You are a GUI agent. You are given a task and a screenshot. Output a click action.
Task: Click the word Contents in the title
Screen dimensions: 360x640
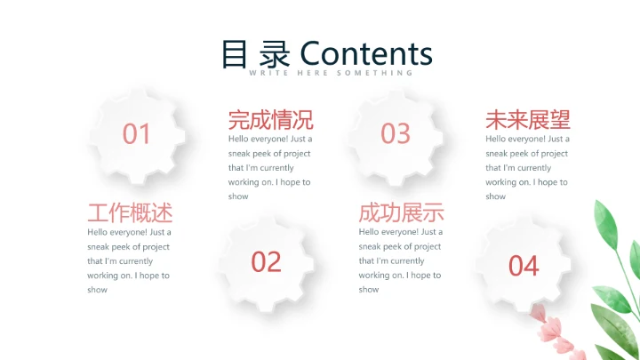pyautogui.click(x=366, y=53)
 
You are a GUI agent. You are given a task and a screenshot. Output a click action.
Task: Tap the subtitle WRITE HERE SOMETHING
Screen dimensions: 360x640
pyautogui.click(x=331, y=73)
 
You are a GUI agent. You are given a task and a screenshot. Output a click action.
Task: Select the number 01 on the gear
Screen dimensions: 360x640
pyautogui.click(x=137, y=134)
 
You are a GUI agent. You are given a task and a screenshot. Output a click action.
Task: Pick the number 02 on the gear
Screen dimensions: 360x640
pyautogui.click(x=266, y=261)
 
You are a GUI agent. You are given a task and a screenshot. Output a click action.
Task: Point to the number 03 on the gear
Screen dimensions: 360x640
pyautogui.click(x=396, y=133)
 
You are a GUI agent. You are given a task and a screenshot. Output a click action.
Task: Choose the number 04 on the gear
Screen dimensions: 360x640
pyautogui.click(x=524, y=265)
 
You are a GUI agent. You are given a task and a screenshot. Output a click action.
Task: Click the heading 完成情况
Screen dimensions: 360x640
pyautogui.click(x=270, y=119)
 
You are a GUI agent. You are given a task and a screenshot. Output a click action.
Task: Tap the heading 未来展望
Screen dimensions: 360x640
pyautogui.click(x=527, y=119)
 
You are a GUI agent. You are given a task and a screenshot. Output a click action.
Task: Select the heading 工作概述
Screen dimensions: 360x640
pyautogui.click(x=130, y=212)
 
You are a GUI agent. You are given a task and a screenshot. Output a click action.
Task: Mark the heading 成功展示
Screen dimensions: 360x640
pyautogui.click(x=401, y=212)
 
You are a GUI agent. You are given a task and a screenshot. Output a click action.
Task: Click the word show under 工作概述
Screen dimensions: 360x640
pyautogui.click(x=97, y=290)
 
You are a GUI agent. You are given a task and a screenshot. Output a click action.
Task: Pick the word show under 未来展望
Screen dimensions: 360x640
pyautogui.click(x=495, y=196)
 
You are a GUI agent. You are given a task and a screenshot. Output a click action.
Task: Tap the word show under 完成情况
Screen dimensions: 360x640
pyautogui.click(x=237, y=196)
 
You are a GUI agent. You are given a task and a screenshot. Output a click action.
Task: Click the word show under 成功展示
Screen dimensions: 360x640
pyautogui.click(x=369, y=290)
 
